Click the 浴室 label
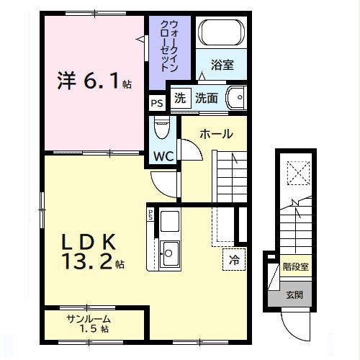pos(222,65)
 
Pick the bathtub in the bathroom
pos(222,34)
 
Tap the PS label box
pos(156,103)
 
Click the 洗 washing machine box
pos(180,99)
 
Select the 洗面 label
pos(207,99)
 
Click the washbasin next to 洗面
pos(235,99)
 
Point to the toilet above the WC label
pos(162,130)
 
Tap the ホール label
pos(216,134)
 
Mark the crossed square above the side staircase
pos(296,173)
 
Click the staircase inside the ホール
pos(230,173)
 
